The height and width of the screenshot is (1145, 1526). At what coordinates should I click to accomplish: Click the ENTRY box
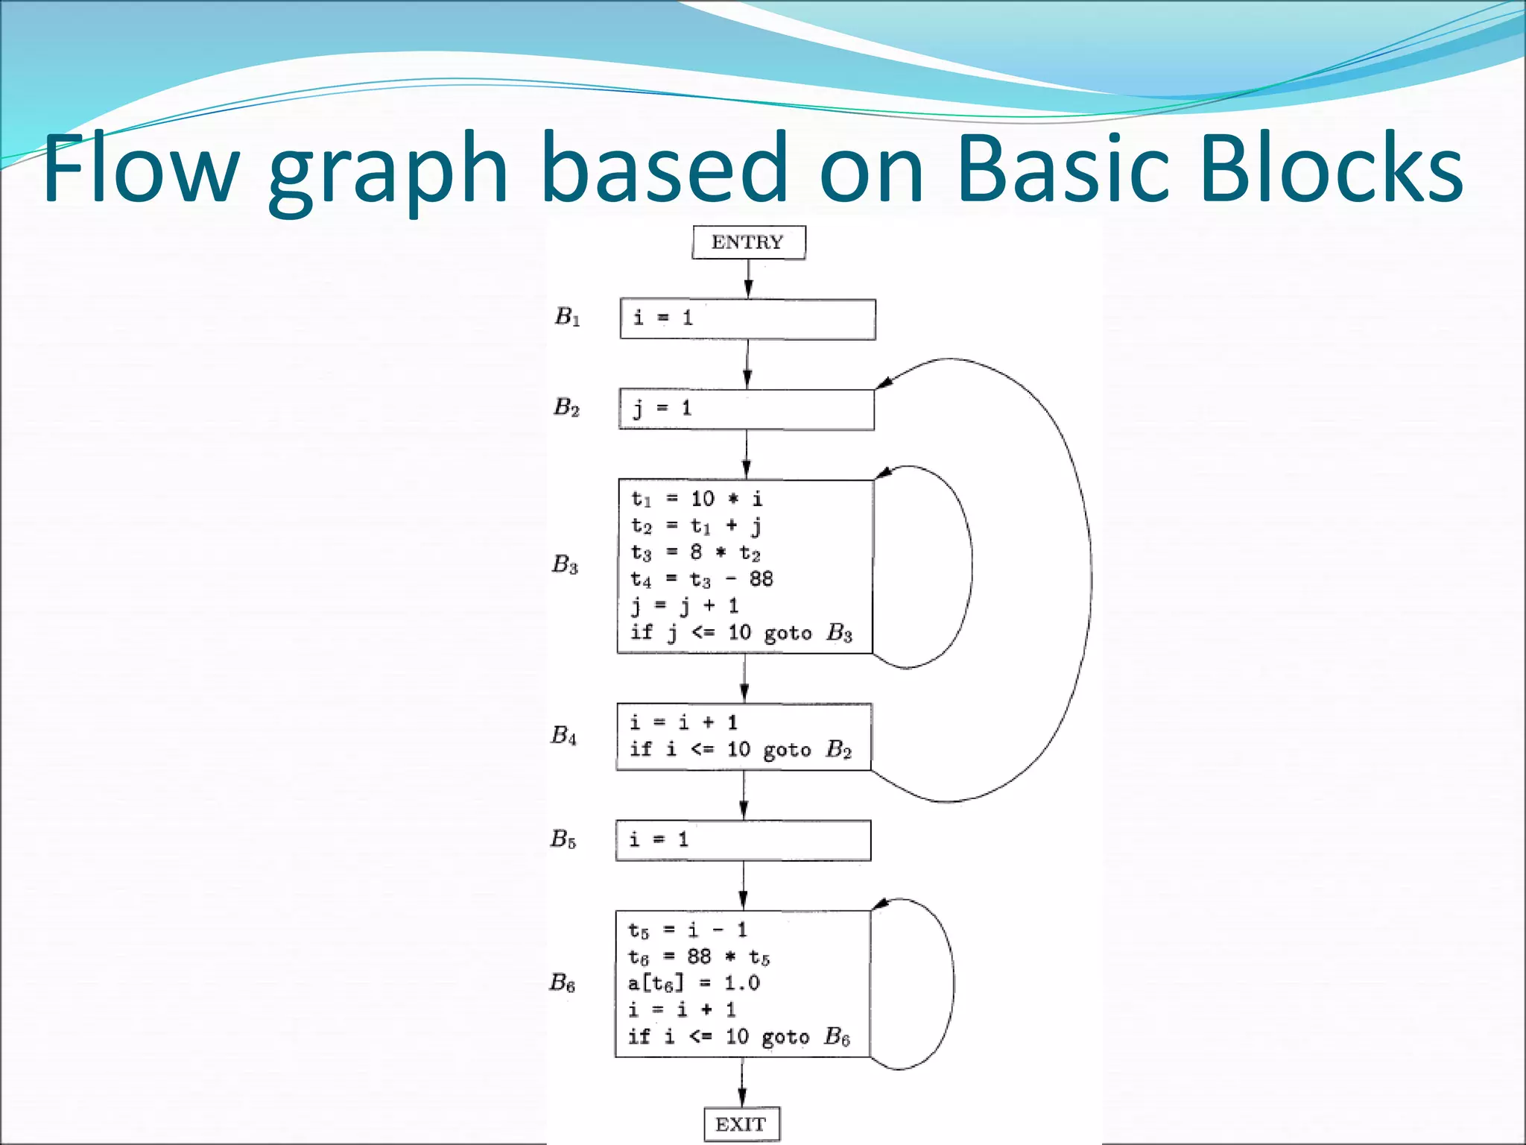(748, 242)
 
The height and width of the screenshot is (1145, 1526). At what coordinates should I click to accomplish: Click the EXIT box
(741, 1124)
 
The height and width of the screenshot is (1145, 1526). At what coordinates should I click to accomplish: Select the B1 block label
(567, 317)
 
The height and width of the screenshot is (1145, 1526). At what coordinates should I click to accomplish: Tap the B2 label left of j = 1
(566, 407)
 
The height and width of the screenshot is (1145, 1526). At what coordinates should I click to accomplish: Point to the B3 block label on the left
(565, 564)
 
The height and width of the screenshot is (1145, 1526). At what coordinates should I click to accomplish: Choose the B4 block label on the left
(563, 736)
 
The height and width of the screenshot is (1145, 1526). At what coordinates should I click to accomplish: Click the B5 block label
(563, 839)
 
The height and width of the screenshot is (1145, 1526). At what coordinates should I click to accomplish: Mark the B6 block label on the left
(562, 982)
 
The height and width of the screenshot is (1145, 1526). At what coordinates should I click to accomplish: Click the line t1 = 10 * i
(696, 499)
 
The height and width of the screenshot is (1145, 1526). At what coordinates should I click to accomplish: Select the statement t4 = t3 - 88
(701, 579)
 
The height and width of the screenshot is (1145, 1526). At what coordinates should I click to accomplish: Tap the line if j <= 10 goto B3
(741, 633)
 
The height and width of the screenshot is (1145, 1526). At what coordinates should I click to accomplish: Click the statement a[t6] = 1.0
(693, 983)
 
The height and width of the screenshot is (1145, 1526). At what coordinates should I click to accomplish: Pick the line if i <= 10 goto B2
(740, 748)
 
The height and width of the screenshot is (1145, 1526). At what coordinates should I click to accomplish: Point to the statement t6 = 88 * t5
(698, 956)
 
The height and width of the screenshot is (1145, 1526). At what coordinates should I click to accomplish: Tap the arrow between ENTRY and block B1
(748, 280)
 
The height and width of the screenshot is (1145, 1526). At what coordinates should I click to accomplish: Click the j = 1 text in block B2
(662, 409)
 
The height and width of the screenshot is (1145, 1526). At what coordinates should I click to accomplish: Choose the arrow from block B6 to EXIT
(742, 1082)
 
